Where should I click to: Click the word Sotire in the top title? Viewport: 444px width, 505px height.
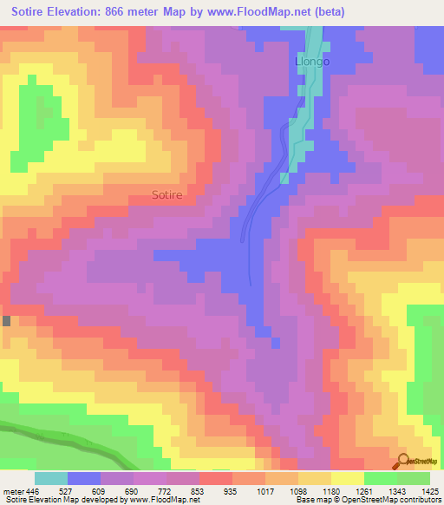(x=33, y=12)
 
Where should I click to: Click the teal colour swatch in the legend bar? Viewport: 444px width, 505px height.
(x=51, y=478)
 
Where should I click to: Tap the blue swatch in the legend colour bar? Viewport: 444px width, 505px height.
(x=84, y=478)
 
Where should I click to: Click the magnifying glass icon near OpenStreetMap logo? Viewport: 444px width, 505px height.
(x=403, y=461)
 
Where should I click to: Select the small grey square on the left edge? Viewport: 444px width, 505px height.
(x=7, y=320)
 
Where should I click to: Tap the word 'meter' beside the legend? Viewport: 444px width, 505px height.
(x=13, y=491)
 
